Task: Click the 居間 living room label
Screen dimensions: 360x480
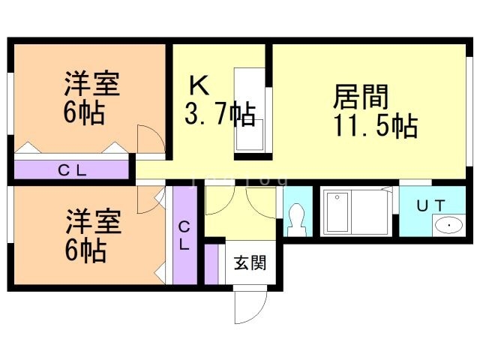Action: pos(361,98)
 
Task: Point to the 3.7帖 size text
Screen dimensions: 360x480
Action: pos(220,115)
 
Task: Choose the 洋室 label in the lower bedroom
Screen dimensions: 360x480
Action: pos(91,223)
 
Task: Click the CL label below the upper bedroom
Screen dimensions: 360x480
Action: pos(73,170)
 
